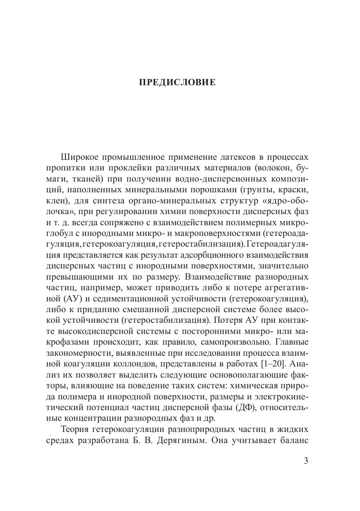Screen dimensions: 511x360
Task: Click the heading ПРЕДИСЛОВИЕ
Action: [x=177, y=83]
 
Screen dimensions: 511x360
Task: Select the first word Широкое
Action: [x=79, y=158]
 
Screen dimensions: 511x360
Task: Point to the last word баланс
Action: [x=292, y=429]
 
